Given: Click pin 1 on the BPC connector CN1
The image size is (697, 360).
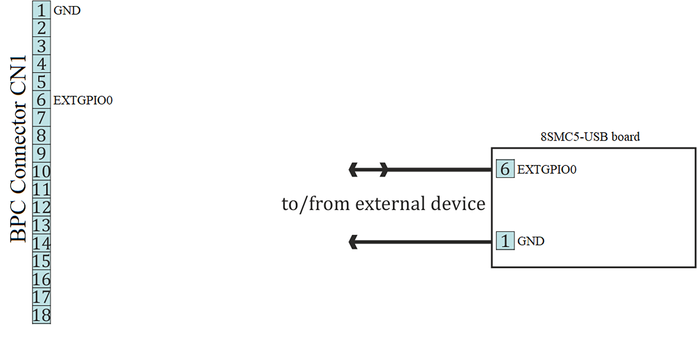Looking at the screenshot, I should [41, 10].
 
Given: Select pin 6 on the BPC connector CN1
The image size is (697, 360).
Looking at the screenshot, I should [41, 100].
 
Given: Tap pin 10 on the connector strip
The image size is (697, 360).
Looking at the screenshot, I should [41, 172].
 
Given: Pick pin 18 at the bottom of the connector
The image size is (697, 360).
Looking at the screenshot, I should [41, 315].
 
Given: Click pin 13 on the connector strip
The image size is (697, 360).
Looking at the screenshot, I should [41, 225].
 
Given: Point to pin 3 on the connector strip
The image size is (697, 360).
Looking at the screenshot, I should [41, 46].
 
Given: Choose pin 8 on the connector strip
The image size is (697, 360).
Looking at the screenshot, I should [41, 136].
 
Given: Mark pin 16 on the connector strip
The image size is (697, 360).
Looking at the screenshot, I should [41, 279].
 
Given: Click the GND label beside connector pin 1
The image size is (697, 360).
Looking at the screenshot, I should [67, 10].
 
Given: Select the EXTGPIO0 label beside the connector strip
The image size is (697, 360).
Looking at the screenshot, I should [83, 100].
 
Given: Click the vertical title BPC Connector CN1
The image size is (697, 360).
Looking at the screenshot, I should [18, 149].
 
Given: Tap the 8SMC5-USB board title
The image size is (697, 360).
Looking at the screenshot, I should [590, 137].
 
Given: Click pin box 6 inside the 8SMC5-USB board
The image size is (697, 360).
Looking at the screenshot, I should [505, 169].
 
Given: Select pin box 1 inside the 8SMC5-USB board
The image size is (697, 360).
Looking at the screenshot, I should [505, 241].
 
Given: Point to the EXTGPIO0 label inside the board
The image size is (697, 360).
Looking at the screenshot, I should [547, 169].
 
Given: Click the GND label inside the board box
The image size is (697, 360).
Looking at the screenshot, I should [531, 241].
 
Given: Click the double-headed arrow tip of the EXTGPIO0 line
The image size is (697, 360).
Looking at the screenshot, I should [354, 170].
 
